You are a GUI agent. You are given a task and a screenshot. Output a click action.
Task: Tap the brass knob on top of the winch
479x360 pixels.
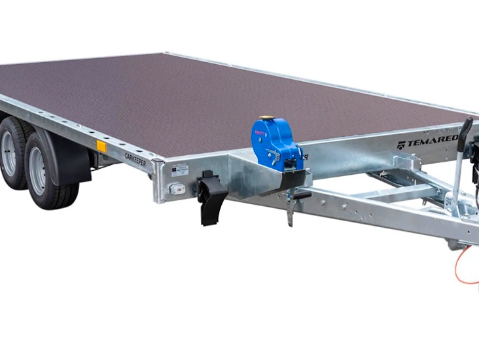pyautogui.click(x=265, y=119)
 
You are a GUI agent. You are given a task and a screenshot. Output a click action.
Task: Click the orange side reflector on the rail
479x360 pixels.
pyautogui.click(x=101, y=146)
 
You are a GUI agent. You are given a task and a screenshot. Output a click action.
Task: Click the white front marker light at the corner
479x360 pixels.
pyautogui.click(x=175, y=189)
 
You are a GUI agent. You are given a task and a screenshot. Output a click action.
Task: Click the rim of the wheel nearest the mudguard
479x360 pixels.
pyautogui.click(x=38, y=170)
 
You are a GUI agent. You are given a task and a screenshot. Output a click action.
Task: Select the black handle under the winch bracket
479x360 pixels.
pyautogui.click(x=300, y=194)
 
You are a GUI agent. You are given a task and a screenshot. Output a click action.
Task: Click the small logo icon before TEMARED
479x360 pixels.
pyautogui.click(x=400, y=145)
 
